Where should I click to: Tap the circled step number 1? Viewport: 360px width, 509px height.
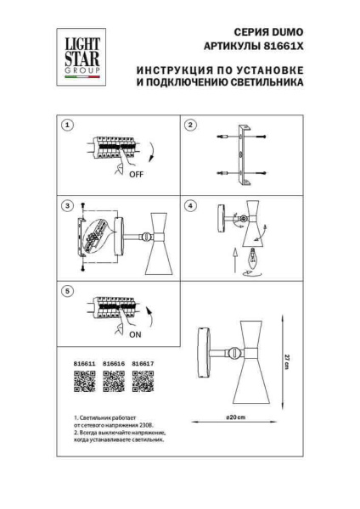click(x=66, y=125)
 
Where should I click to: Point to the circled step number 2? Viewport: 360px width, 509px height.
click(x=191, y=125)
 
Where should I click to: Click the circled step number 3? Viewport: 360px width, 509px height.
click(x=66, y=206)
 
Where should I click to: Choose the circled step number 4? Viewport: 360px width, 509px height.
click(x=191, y=206)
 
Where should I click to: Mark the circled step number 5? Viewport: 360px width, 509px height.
click(x=66, y=290)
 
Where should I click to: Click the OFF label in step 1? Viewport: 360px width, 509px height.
click(x=137, y=180)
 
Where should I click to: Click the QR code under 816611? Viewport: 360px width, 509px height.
click(x=83, y=384)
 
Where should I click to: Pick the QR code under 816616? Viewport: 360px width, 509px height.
click(x=114, y=384)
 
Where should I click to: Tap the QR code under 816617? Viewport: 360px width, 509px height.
click(x=143, y=384)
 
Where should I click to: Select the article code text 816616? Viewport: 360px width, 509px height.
click(x=114, y=364)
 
